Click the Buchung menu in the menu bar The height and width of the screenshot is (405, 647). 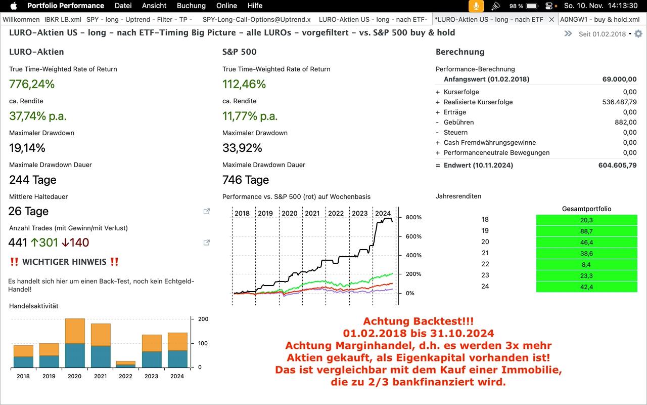(191, 6)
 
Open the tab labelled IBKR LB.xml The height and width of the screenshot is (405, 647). (63, 19)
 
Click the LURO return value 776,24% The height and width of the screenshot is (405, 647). (32, 84)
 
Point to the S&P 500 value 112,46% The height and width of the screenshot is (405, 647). (244, 84)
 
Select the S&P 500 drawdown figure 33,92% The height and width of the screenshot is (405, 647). (242, 148)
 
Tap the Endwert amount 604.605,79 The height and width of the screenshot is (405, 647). (616, 165)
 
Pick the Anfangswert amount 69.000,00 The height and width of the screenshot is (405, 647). (619, 79)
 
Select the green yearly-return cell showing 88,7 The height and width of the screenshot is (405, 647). (586, 231)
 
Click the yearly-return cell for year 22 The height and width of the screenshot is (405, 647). (586, 264)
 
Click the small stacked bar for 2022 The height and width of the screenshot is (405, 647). (125, 364)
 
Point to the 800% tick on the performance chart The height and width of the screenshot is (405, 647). (413, 217)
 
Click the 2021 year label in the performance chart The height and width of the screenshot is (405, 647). (312, 213)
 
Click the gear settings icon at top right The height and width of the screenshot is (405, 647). (638, 34)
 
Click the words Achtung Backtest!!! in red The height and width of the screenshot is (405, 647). (418, 321)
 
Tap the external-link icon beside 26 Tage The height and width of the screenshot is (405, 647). (207, 211)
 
